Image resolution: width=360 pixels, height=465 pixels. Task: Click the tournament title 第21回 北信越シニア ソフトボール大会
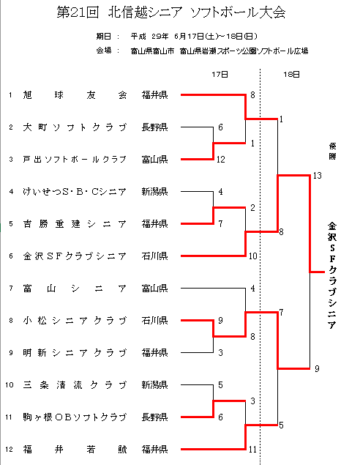click(171, 12)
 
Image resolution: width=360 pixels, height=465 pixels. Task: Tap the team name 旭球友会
click(75, 95)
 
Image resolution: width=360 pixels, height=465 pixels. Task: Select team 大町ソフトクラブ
click(75, 127)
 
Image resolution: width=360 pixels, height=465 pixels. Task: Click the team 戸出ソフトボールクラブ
click(75, 160)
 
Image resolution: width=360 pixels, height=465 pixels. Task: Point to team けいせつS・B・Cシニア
click(75, 192)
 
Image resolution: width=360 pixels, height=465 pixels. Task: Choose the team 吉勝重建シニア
click(75, 224)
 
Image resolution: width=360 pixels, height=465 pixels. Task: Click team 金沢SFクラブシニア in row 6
click(75, 256)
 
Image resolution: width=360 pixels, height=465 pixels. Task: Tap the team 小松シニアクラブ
click(75, 321)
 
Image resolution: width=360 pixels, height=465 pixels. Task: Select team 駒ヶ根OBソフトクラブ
click(75, 417)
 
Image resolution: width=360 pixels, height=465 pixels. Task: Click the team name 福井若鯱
click(75, 450)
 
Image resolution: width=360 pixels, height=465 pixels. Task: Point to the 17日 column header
click(220, 75)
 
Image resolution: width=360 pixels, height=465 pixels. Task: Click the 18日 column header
click(291, 75)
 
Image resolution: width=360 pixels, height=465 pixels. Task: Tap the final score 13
click(317, 176)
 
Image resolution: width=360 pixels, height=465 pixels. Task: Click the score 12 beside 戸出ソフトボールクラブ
click(221, 160)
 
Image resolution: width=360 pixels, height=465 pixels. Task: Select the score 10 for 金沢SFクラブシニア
click(252, 256)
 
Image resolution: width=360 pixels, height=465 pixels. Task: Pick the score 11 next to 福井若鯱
click(252, 450)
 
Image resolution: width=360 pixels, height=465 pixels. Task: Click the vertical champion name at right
click(332, 275)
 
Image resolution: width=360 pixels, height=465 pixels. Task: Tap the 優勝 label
click(332, 151)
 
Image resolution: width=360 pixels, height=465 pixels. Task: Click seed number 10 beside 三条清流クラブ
click(10, 385)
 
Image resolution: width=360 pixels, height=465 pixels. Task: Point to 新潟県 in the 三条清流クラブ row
click(154, 385)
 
